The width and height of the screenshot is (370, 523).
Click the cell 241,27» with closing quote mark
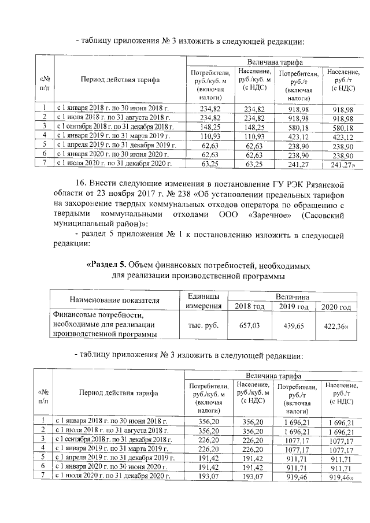342,164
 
